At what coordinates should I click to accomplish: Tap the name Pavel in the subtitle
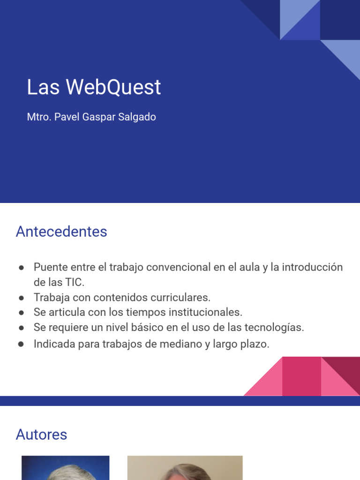67,117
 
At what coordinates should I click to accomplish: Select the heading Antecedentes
61,232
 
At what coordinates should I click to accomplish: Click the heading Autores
41,435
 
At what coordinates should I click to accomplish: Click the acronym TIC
74,282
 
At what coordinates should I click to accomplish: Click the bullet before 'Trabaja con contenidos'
22,298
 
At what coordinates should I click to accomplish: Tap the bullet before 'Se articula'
22,313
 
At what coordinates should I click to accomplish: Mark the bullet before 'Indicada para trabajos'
22,345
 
